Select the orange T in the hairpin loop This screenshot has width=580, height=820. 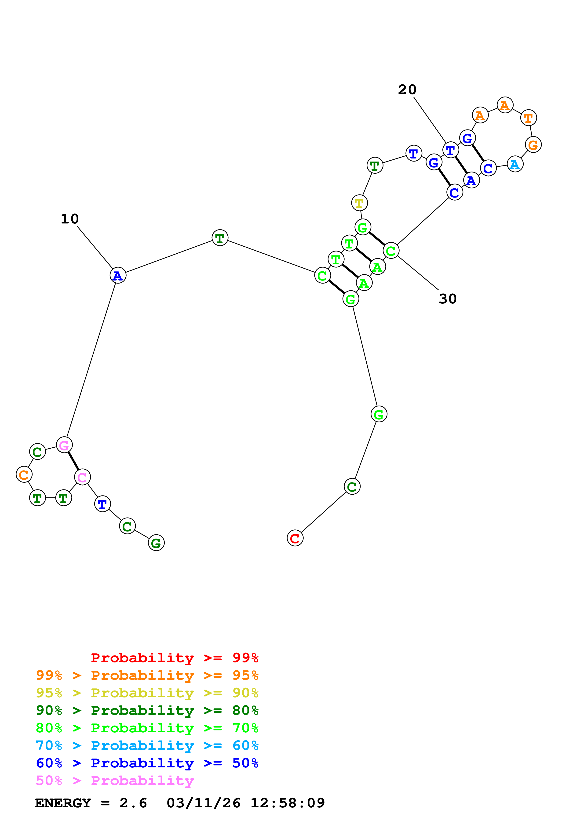(x=528, y=118)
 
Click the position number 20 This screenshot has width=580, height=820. (x=407, y=89)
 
